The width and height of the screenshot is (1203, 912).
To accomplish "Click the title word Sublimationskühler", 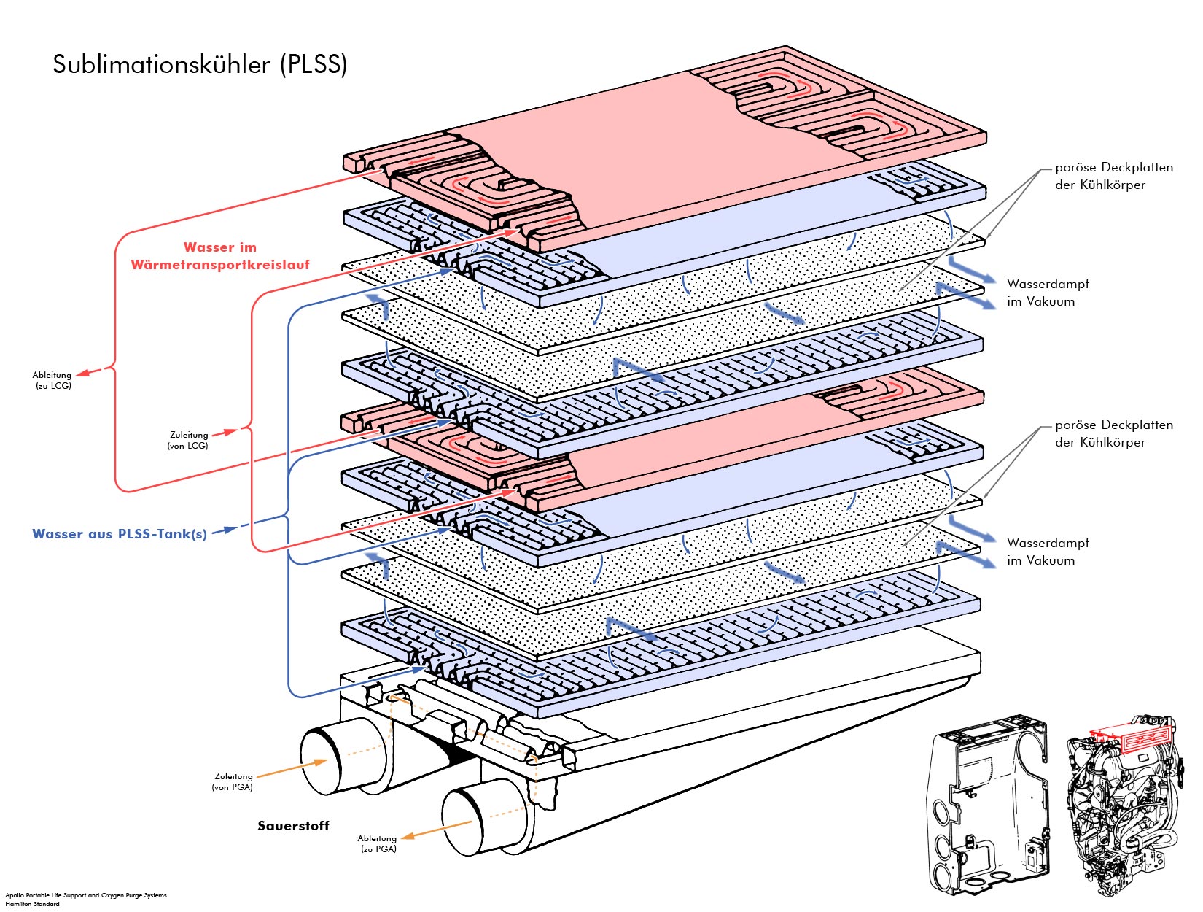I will [161, 65].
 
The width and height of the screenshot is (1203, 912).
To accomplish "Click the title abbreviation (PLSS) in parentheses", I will [314, 65].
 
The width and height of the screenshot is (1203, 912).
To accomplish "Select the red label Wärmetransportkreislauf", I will [220, 265].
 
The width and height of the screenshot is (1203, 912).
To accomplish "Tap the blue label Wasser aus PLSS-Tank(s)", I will [120, 534].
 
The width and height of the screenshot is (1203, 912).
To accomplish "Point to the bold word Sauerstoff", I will [293, 826].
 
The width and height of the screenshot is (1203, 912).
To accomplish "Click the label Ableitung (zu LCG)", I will [52, 380].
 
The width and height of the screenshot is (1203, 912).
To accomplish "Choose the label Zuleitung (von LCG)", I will [188, 440].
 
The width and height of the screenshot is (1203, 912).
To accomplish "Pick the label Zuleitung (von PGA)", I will [233, 781].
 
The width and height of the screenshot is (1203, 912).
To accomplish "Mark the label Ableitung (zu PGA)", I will [377, 843].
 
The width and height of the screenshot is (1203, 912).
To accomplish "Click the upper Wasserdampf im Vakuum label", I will [1047, 293].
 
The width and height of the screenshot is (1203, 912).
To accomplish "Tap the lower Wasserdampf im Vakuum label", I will [1047, 552].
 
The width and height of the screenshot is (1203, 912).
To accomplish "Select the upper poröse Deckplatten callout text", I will [1113, 176].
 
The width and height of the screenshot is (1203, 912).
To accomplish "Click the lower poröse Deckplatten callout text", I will [1113, 433].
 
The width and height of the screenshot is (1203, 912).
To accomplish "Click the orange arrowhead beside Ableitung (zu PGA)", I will [408, 836].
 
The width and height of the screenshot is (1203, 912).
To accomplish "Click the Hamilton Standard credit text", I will [33, 904].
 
